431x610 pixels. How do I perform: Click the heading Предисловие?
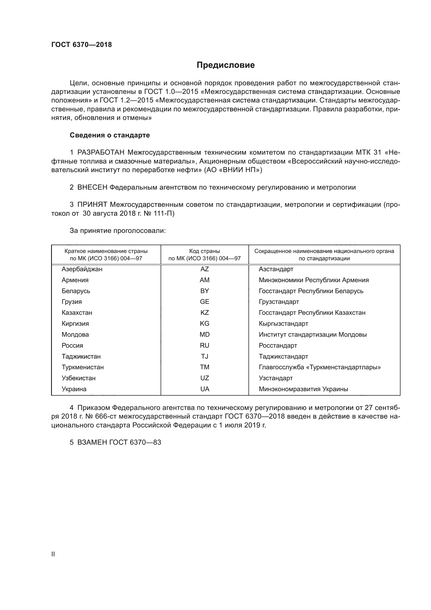(x=226, y=65)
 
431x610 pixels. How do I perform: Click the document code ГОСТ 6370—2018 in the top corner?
(x=82, y=45)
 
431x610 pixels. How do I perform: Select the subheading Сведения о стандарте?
(x=110, y=135)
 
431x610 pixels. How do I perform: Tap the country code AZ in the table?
(x=204, y=269)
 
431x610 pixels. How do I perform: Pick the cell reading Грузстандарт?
(x=279, y=302)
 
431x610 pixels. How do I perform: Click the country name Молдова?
(x=75, y=335)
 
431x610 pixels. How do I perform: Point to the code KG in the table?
(x=204, y=324)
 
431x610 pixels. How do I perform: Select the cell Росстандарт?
(x=278, y=346)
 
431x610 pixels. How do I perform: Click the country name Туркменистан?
(x=83, y=367)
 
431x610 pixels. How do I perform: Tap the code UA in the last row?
(x=205, y=389)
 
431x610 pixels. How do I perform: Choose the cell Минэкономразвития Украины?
(x=303, y=389)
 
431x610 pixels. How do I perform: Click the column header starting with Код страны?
(x=204, y=255)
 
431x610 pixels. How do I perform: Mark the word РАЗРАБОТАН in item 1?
(x=101, y=153)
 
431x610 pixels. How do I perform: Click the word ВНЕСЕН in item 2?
(x=92, y=188)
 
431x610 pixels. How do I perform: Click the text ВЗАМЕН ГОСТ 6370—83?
(x=119, y=442)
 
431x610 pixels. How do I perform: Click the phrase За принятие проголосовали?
(x=118, y=231)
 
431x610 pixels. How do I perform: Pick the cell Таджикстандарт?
(x=283, y=357)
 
